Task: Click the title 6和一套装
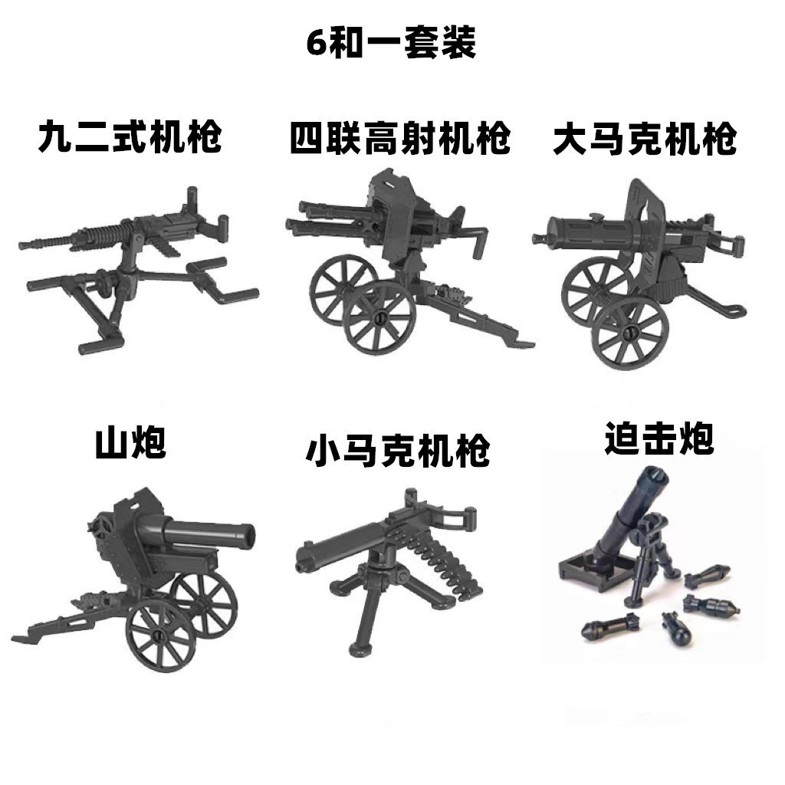coord(391,43)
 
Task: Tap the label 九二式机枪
coord(130,136)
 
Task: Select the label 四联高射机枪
coord(400,137)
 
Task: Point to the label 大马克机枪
coord(645,138)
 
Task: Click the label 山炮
coord(130,442)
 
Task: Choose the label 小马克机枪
coord(398,450)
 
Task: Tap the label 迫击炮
coord(659,438)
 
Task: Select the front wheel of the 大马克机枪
coord(630,332)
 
